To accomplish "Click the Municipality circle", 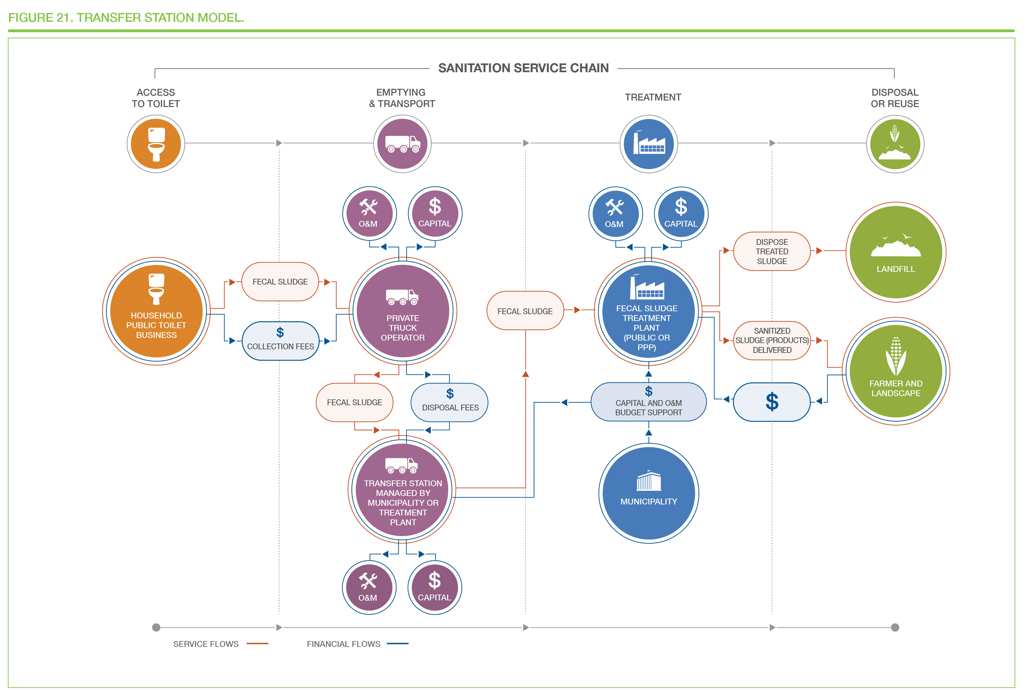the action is (x=649, y=493).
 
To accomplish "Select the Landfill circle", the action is (x=896, y=252).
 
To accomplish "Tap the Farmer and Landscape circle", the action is (x=896, y=371).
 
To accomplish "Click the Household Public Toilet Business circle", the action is (x=156, y=311).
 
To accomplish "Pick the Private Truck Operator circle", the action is (x=403, y=311).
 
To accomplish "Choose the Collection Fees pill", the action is (x=280, y=341).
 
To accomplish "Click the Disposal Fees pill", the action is (x=449, y=402).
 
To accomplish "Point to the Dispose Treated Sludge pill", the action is (x=772, y=251).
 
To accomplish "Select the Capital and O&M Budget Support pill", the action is (x=649, y=402).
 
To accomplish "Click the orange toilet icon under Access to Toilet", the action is (x=156, y=144).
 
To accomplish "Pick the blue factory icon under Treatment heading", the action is (x=649, y=144).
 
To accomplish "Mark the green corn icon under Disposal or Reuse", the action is (x=895, y=144).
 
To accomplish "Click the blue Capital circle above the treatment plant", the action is (x=681, y=214).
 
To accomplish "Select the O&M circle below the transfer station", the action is (x=369, y=587).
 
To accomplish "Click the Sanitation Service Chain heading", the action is (x=523, y=68).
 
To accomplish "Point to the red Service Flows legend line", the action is (x=257, y=644).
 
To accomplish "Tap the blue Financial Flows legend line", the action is (x=398, y=644).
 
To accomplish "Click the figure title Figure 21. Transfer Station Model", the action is (x=126, y=18).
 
